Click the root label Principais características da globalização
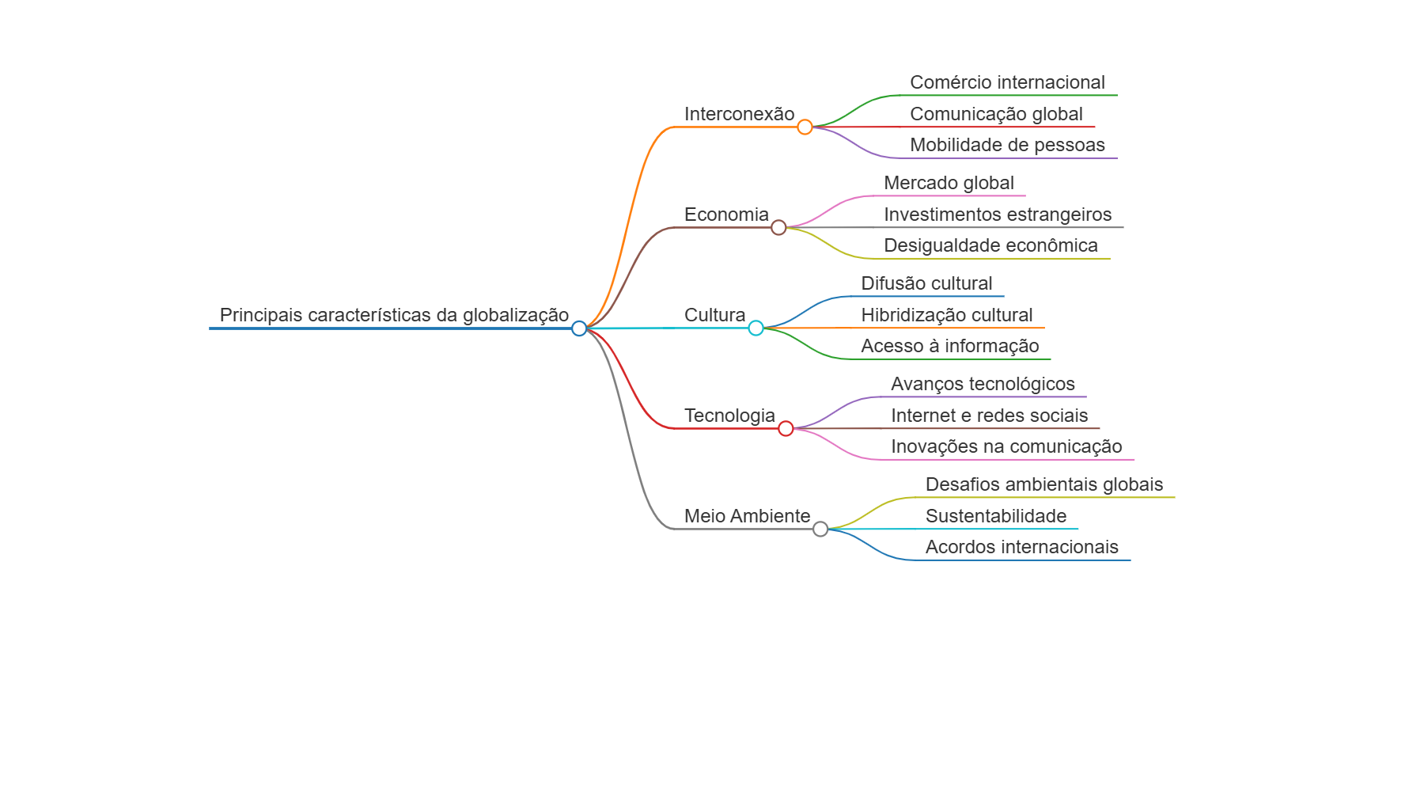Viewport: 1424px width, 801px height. click(x=394, y=315)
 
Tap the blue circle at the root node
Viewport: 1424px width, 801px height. click(x=579, y=328)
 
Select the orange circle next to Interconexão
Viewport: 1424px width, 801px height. click(x=805, y=127)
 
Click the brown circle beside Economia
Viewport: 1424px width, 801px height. click(x=778, y=228)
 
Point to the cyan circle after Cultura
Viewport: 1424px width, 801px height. click(x=756, y=328)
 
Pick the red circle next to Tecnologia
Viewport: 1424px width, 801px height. click(x=786, y=428)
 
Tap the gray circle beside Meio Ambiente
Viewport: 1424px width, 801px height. click(x=820, y=529)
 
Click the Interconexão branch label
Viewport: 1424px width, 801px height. click(x=739, y=114)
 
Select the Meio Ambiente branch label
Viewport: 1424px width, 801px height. click(x=747, y=516)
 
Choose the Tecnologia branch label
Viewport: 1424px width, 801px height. click(x=729, y=416)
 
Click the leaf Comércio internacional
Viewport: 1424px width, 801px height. click(x=1007, y=82)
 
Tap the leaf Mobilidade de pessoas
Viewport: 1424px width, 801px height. click(x=1007, y=145)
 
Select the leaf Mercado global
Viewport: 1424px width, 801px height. click(x=949, y=183)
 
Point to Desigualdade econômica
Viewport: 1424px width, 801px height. click(x=990, y=245)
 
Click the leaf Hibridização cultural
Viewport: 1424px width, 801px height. click(x=947, y=315)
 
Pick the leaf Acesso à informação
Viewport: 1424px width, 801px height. click(x=950, y=346)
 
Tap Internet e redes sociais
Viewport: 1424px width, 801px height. click(x=989, y=416)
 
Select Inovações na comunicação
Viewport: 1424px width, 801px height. click(x=1006, y=446)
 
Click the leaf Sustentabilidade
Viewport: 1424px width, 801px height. click(x=996, y=516)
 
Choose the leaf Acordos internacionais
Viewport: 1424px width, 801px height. click(x=1021, y=547)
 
